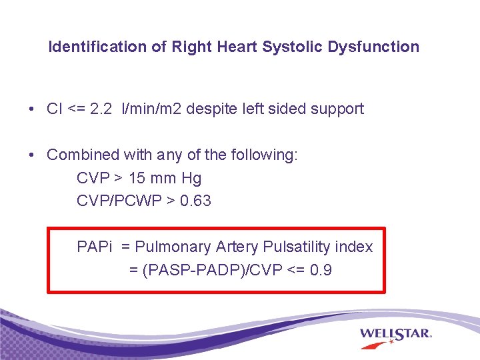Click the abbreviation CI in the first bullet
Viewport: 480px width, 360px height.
[55, 109]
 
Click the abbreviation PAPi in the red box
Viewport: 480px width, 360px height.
[95, 247]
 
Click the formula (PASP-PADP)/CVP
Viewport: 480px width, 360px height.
[211, 270]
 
